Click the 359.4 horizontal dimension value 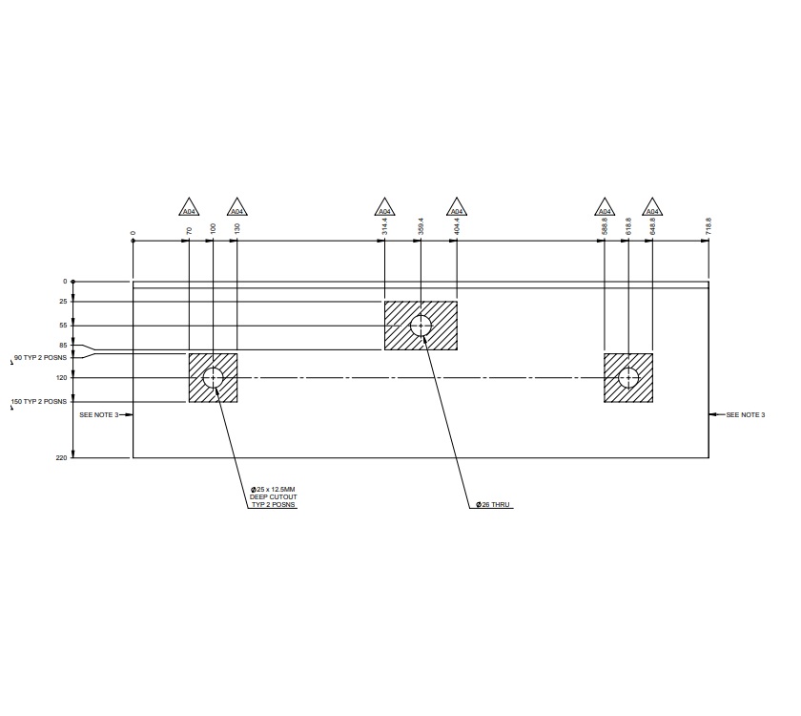pos(421,226)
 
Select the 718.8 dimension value pos(709,226)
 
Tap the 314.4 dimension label pos(384,226)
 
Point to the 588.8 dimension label pos(605,226)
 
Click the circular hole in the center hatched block pos(421,326)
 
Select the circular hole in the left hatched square pos(213,378)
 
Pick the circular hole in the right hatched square pos(628,378)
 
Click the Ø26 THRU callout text pos(495,504)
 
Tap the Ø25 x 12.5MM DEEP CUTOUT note pos(274,496)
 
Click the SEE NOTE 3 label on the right pos(745,415)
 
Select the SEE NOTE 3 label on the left pos(98,415)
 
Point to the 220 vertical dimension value pos(62,458)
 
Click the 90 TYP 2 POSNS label pos(40,358)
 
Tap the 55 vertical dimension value pos(63,326)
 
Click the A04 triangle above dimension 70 pos(190,209)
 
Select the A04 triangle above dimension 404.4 pos(457,209)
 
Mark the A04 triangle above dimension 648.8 pos(652,209)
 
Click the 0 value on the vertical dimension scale pos(65,282)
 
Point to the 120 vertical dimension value pos(62,378)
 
